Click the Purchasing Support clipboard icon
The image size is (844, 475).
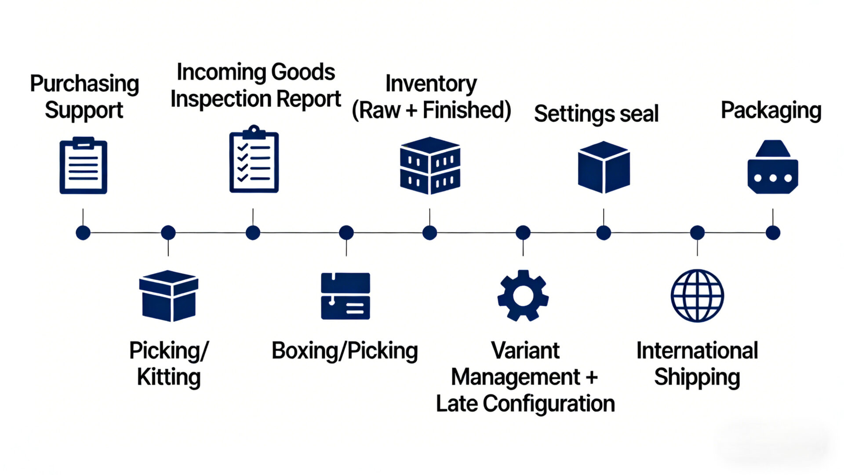pyautogui.click(x=83, y=166)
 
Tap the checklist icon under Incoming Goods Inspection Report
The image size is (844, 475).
pyautogui.click(x=254, y=160)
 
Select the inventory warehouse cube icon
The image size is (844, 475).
pyautogui.click(x=430, y=166)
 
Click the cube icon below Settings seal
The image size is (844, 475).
pyautogui.click(x=604, y=167)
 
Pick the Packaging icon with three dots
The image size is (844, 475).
pyautogui.click(x=772, y=168)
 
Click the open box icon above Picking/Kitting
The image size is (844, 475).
pyautogui.click(x=168, y=296)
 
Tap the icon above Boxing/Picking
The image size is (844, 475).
pyautogui.click(x=346, y=296)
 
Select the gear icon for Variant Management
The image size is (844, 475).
pyautogui.click(x=523, y=296)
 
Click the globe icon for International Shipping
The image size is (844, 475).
pyautogui.click(x=697, y=296)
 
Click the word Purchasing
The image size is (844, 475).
pyautogui.click(x=84, y=84)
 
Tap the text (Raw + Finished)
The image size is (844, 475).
pyautogui.click(x=431, y=110)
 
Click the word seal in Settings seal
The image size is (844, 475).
pyautogui.click(x=639, y=113)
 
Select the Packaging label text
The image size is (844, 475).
pyautogui.click(x=771, y=111)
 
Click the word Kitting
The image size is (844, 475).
pyautogui.click(x=169, y=377)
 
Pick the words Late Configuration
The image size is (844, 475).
pyautogui.click(x=525, y=404)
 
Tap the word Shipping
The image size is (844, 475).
pyautogui.click(x=697, y=377)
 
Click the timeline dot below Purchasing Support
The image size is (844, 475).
pyautogui.click(x=83, y=233)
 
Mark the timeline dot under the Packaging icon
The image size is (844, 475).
pyautogui.click(x=773, y=233)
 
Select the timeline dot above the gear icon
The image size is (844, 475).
pyautogui.click(x=523, y=233)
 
